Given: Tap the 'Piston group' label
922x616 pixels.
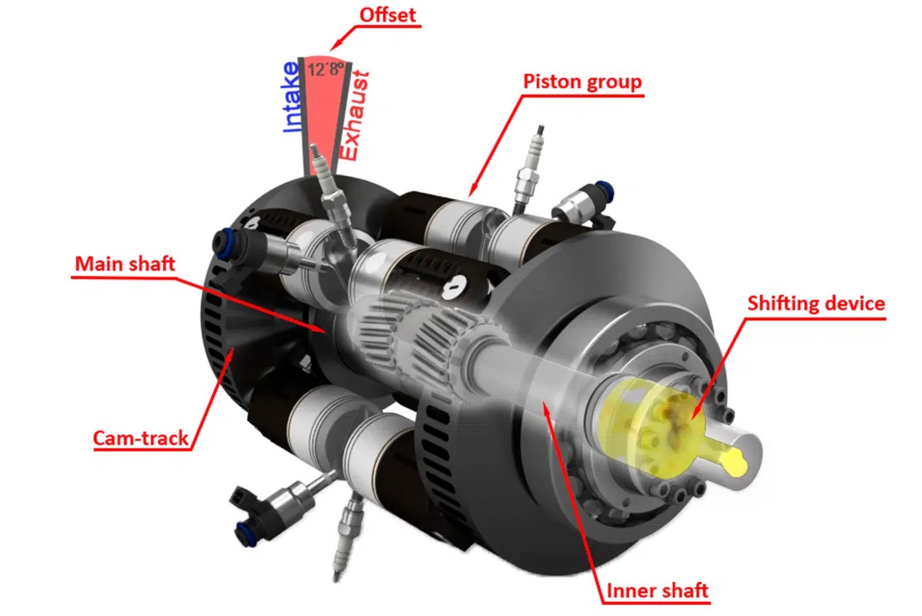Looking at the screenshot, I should coord(582,82).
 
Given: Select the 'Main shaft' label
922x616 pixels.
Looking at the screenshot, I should coord(125,265).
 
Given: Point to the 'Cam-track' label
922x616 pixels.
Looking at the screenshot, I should coord(141,438).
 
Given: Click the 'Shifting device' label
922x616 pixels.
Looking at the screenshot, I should coord(816,304).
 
